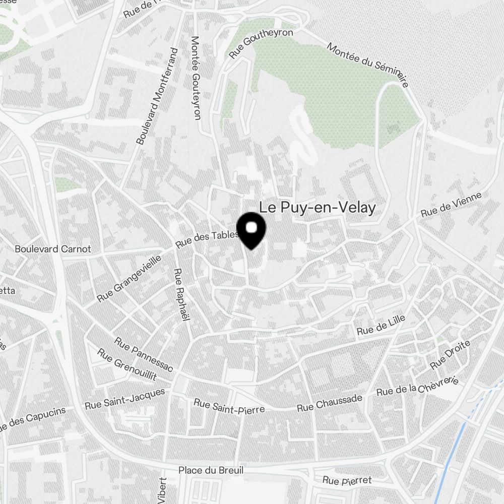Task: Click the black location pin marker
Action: (251, 231)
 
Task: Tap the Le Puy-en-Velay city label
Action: (318, 208)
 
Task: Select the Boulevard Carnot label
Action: (53, 249)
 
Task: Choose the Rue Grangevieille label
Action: (130, 278)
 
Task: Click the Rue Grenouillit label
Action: (127, 365)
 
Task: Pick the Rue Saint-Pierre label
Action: (229, 406)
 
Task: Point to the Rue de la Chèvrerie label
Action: (417, 387)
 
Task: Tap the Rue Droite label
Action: (450, 354)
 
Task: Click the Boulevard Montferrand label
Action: (158, 96)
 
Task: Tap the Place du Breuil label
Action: (211, 470)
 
